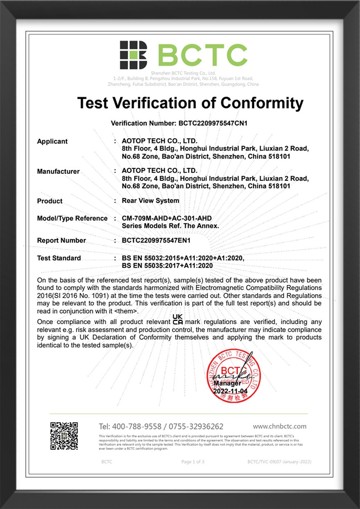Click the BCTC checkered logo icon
133,55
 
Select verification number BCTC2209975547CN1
213,123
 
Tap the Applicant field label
52,141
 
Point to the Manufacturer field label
58,171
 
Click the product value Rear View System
150,201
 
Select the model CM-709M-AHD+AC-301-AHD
167,218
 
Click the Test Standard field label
59,258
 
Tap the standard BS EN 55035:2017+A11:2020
168,266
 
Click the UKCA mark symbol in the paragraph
178,320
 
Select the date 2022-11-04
231,391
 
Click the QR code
64,436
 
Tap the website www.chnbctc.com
279,426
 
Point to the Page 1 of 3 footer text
192,462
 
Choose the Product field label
50,201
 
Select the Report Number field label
61,241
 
